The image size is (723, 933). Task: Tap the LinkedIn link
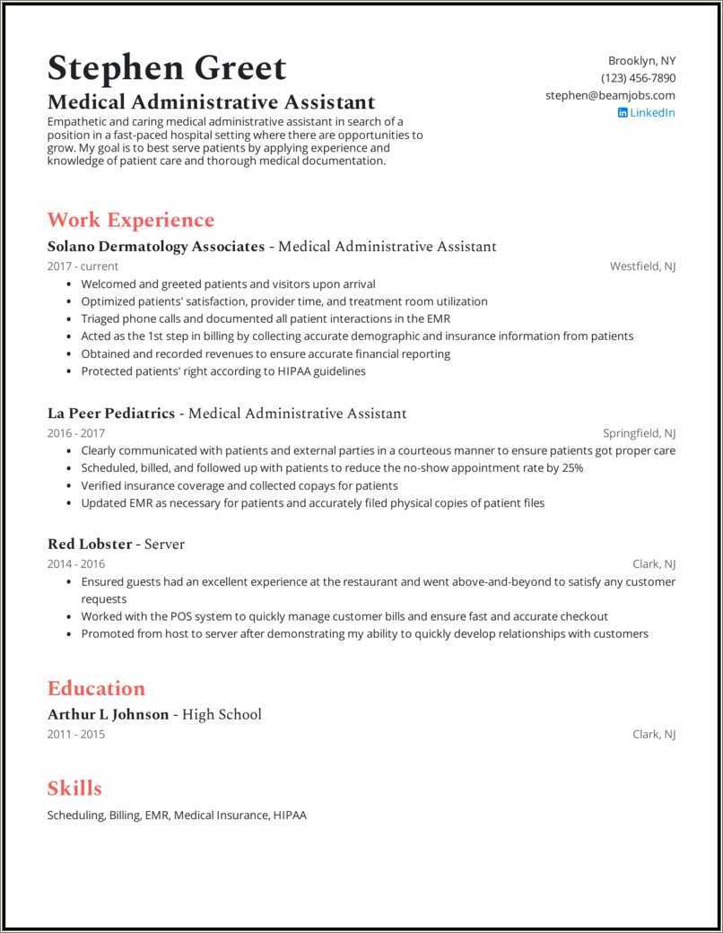(x=652, y=112)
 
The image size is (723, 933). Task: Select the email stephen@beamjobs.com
(x=610, y=95)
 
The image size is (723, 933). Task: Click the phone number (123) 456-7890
(x=638, y=78)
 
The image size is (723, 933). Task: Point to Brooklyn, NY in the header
(x=641, y=61)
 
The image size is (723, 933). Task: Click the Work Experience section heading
(x=130, y=220)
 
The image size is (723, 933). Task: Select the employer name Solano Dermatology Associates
(x=155, y=246)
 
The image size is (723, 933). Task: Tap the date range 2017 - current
(x=83, y=266)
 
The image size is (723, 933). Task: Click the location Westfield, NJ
(x=642, y=266)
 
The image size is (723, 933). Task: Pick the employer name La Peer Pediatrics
(x=110, y=414)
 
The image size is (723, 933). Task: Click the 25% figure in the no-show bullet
(x=572, y=468)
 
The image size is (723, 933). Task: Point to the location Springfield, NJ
(x=639, y=432)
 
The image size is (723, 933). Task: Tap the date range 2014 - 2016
(x=76, y=563)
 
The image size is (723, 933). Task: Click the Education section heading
(x=96, y=688)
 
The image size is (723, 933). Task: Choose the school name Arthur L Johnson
(x=108, y=714)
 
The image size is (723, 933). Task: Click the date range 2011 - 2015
(x=76, y=734)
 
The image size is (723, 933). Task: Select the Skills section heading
(x=74, y=789)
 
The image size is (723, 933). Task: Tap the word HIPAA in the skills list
(x=291, y=815)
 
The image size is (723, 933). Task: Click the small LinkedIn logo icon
(x=623, y=113)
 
